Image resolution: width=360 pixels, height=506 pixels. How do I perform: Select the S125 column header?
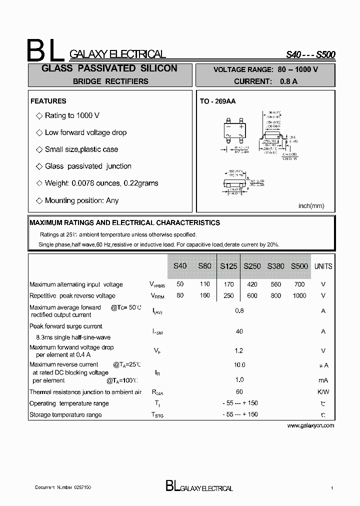coord(228,266)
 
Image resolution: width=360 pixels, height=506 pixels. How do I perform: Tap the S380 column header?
coord(275,266)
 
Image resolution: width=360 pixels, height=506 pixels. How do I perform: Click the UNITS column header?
coord(323,266)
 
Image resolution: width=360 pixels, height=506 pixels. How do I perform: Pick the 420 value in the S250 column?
coord(252,284)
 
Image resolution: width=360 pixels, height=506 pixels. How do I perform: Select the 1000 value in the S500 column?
coord(299,295)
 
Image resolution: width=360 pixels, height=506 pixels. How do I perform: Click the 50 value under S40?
coord(180,284)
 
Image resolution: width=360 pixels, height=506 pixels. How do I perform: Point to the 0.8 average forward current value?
coord(239,310)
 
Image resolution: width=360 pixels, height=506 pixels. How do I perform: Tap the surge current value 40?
coord(239,331)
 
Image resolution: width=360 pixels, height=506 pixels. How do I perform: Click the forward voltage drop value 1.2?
coord(239,350)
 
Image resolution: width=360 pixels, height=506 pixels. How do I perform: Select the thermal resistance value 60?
coord(239,391)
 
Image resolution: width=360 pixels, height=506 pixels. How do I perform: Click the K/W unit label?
coord(323,391)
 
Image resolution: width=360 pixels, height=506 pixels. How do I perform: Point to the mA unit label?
coord(323,380)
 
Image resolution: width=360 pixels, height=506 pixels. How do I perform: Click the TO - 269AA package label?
coord(217,101)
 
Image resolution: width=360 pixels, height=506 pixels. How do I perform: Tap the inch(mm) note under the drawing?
coord(311,205)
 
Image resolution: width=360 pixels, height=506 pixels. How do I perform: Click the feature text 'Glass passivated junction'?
coord(88,166)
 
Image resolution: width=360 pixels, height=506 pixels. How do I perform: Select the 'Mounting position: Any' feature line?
coord(81,200)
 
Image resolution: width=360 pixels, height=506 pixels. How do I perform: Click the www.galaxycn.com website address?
coord(310,425)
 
